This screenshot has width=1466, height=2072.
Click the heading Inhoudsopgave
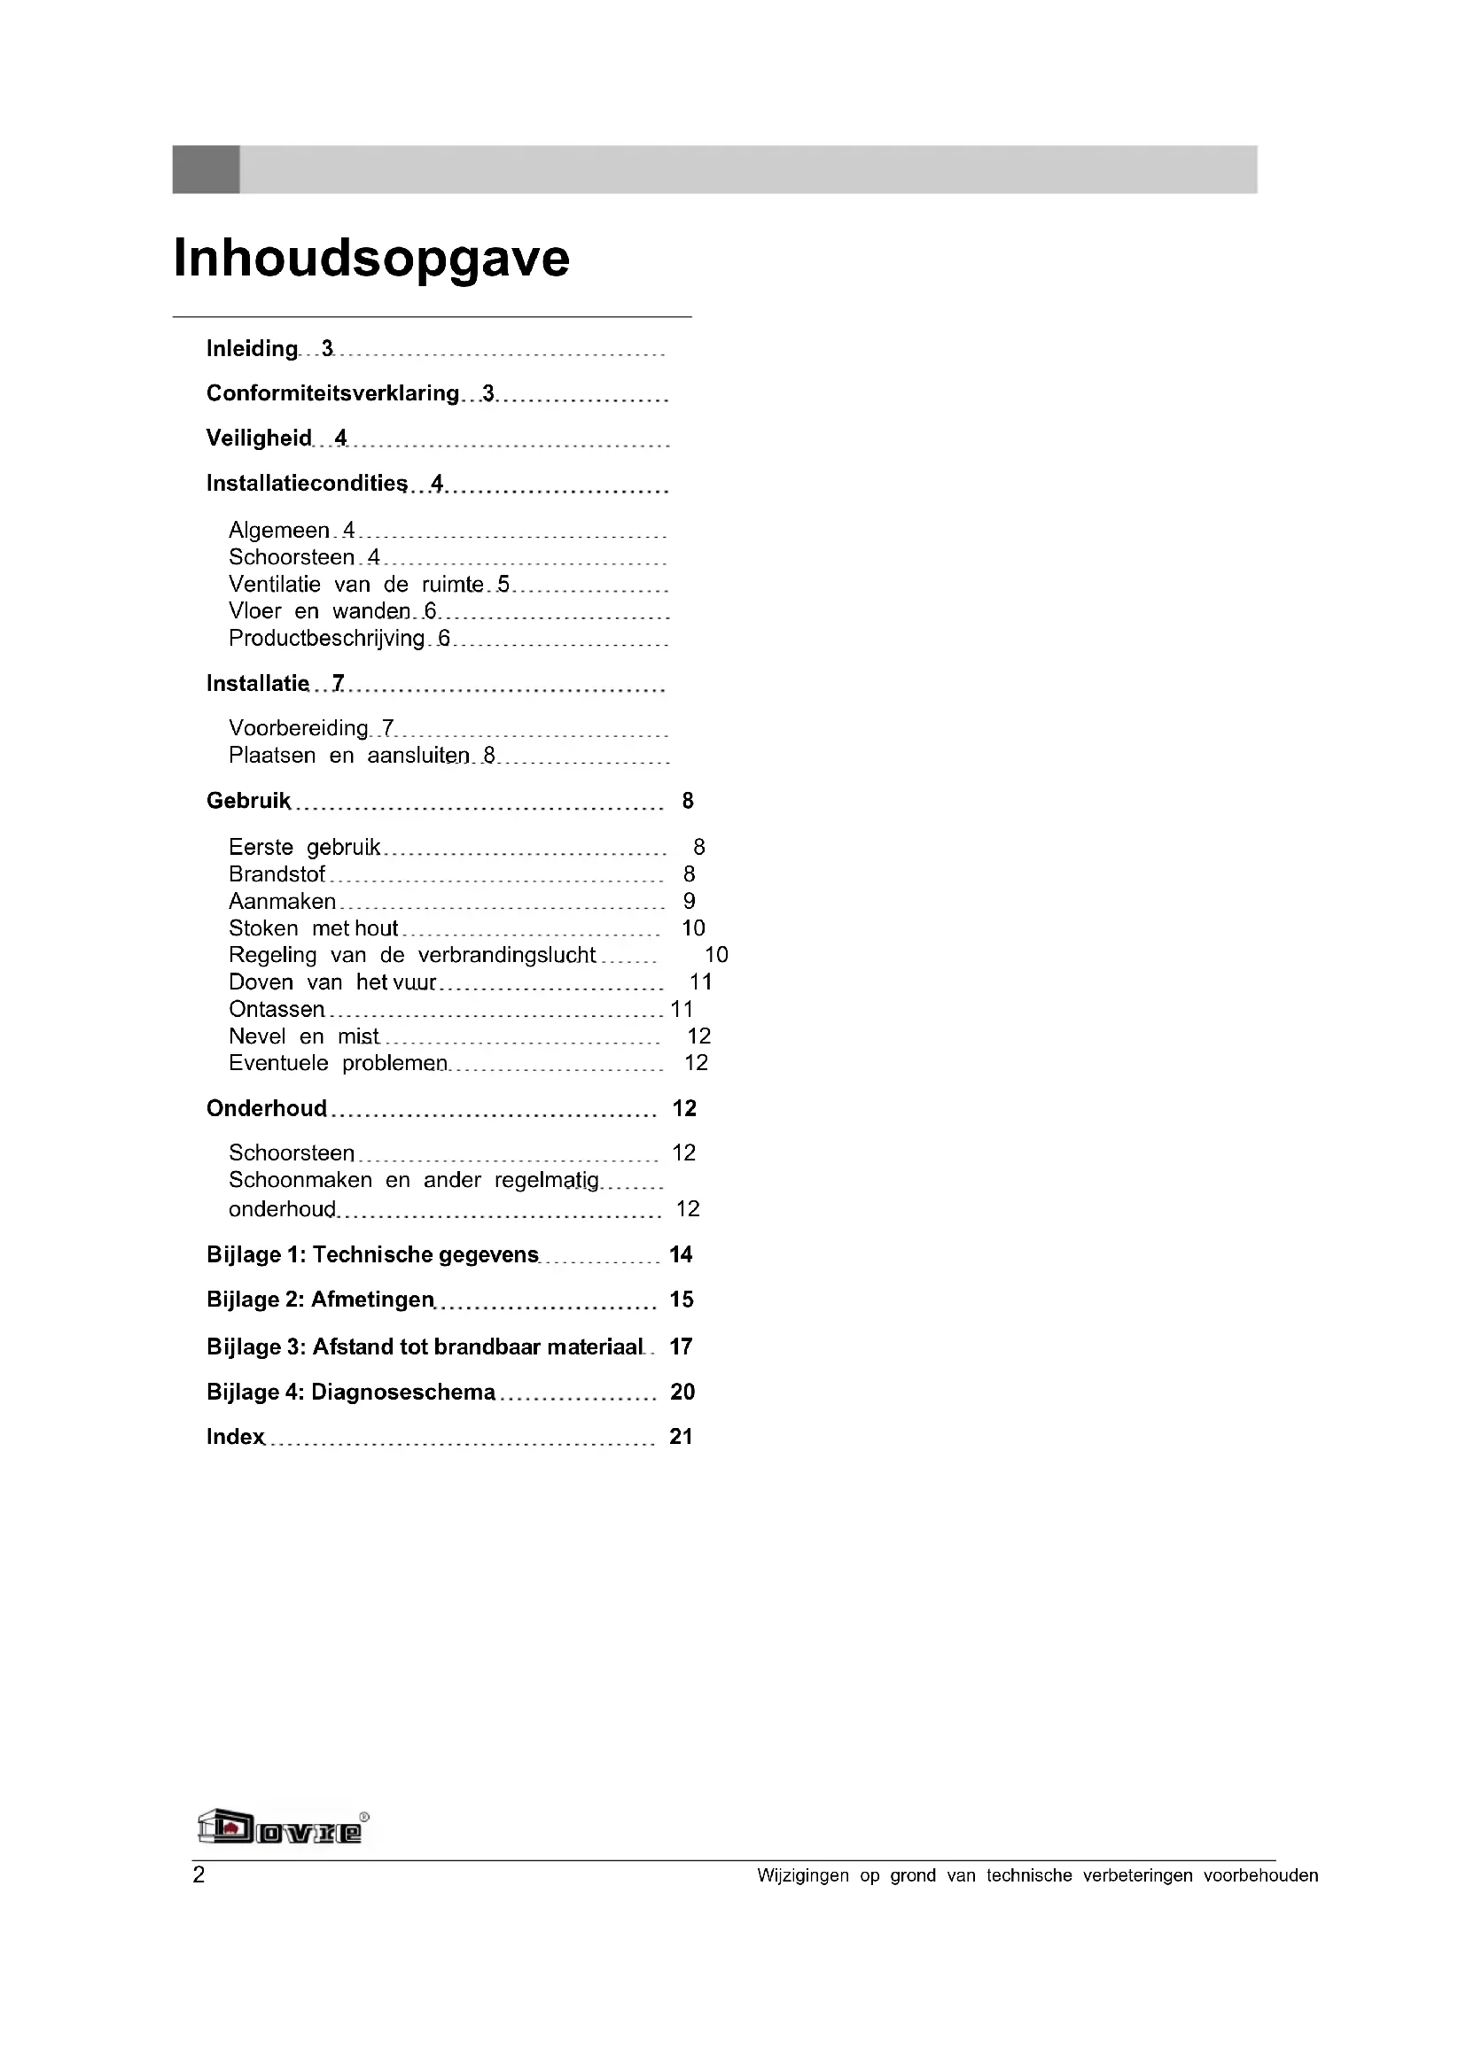tap(371, 259)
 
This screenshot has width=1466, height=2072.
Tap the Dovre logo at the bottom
tap(282, 1828)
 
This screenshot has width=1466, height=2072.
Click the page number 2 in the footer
tap(199, 1875)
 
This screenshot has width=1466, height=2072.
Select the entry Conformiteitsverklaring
tap(332, 393)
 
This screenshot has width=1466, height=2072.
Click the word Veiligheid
tap(258, 438)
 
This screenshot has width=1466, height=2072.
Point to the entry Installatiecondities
tap(307, 484)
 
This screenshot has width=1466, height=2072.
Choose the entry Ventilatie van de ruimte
tap(355, 585)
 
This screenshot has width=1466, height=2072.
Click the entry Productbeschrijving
tap(326, 639)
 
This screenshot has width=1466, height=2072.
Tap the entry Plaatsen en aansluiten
tap(349, 757)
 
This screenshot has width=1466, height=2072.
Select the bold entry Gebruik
tap(248, 802)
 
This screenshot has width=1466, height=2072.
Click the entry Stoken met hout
tap(313, 928)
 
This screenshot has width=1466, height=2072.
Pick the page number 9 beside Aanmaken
tap(690, 902)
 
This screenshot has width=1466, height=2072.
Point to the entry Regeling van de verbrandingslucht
tap(411, 956)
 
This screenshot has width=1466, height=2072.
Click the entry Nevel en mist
tap(303, 1037)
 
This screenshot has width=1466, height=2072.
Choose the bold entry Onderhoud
tap(266, 1109)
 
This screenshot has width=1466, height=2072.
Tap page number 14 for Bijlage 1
tap(681, 1255)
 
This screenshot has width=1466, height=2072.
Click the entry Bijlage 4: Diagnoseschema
tap(350, 1393)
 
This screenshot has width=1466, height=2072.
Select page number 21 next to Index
tap(681, 1438)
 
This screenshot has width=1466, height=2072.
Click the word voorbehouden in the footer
tap(1260, 1876)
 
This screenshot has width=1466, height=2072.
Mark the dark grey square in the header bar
tap(206, 170)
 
